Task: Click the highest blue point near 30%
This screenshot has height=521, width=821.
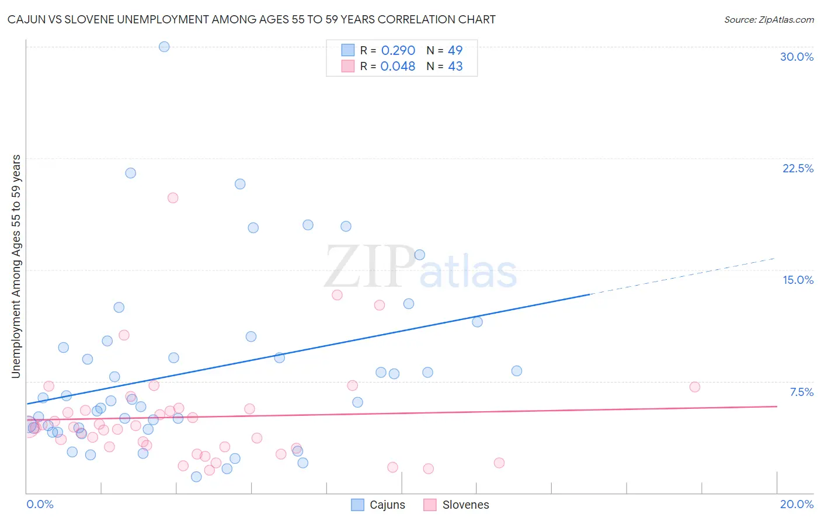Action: pyautogui.click(x=164, y=47)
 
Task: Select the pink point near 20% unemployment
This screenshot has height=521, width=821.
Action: pyautogui.click(x=173, y=198)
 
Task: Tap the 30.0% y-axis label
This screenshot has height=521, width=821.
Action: pyautogui.click(x=796, y=57)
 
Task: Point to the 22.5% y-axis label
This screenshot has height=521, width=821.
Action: pyautogui.click(x=798, y=168)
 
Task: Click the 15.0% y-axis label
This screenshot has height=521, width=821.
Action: pyautogui.click(x=798, y=280)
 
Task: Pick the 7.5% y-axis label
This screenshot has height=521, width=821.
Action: pyautogui.click(x=801, y=392)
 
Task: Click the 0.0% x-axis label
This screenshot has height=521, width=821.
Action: pyautogui.click(x=40, y=504)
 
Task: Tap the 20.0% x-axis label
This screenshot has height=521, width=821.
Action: pyautogui.click(x=796, y=504)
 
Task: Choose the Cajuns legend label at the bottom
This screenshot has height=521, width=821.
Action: pyautogui.click(x=387, y=505)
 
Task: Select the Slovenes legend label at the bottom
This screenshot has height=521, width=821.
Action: pyautogui.click(x=465, y=505)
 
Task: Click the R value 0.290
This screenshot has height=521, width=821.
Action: pyautogui.click(x=398, y=51)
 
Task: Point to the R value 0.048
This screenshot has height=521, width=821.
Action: pyautogui.click(x=398, y=67)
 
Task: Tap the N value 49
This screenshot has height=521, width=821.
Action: pyautogui.click(x=455, y=51)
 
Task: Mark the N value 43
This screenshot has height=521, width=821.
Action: pyautogui.click(x=455, y=67)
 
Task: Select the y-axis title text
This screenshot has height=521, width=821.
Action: pyautogui.click(x=16, y=266)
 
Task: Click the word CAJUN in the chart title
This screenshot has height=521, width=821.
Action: pyautogui.click(x=26, y=20)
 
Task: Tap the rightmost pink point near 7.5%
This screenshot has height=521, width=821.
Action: pyautogui.click(x=695, y=387)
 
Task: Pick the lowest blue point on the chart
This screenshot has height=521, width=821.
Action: pyautogui.click(x=196, y=477)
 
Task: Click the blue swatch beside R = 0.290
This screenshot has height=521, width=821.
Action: pyautogui.click(x=348, y=50)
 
